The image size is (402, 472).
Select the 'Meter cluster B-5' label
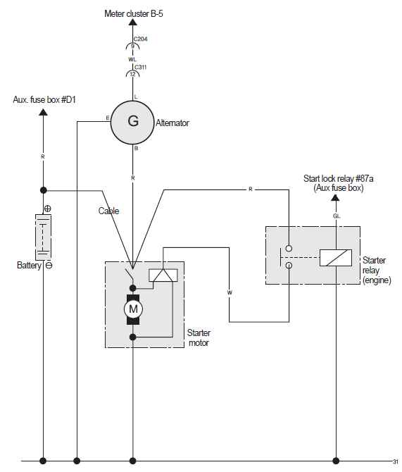coord(134,13)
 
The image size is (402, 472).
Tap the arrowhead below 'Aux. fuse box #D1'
coord(44,112)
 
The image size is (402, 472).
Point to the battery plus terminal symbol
coord(48,209)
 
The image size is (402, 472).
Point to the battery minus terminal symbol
coord(49,266)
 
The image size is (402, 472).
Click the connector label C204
coord(141,39)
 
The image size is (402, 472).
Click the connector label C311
coord(141,67)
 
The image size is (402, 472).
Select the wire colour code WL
coord(132,59)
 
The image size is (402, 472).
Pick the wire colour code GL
coord(337,216)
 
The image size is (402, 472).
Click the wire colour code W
coord(230,292)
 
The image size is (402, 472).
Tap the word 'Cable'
coord(108,211)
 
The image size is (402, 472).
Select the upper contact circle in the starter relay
coord(289,249)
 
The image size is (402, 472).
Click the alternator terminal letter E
coord(108,118)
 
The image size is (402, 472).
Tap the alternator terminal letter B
coord(137,148)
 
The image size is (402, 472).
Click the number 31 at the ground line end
coord(396,461)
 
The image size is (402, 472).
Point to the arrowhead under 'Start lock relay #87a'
coord(336,198)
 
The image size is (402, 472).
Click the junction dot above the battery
coord(44,190)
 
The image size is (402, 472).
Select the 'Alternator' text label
coord(172,123)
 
